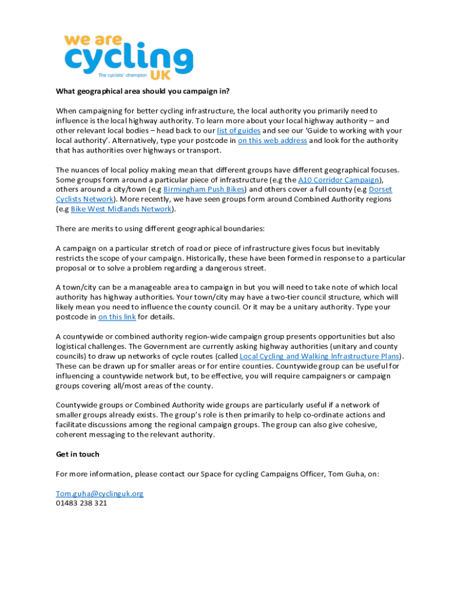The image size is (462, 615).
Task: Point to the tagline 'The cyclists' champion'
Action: click(x=122, y=76)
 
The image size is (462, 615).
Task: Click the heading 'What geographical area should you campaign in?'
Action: click(x=143, y=91)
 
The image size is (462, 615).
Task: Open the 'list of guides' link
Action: click(x=239, y=130)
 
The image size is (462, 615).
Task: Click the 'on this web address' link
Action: click(x=272, y=141)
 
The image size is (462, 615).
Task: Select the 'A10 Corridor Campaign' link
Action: click(x=339, y=180)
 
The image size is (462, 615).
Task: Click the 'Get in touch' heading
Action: click(x=77, y=455)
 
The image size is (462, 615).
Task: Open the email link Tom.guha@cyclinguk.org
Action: click(x=100, y=494)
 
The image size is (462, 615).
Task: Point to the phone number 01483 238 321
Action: click(x=82, y=503)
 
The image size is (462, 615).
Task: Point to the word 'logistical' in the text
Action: click(x=73, y=347)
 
